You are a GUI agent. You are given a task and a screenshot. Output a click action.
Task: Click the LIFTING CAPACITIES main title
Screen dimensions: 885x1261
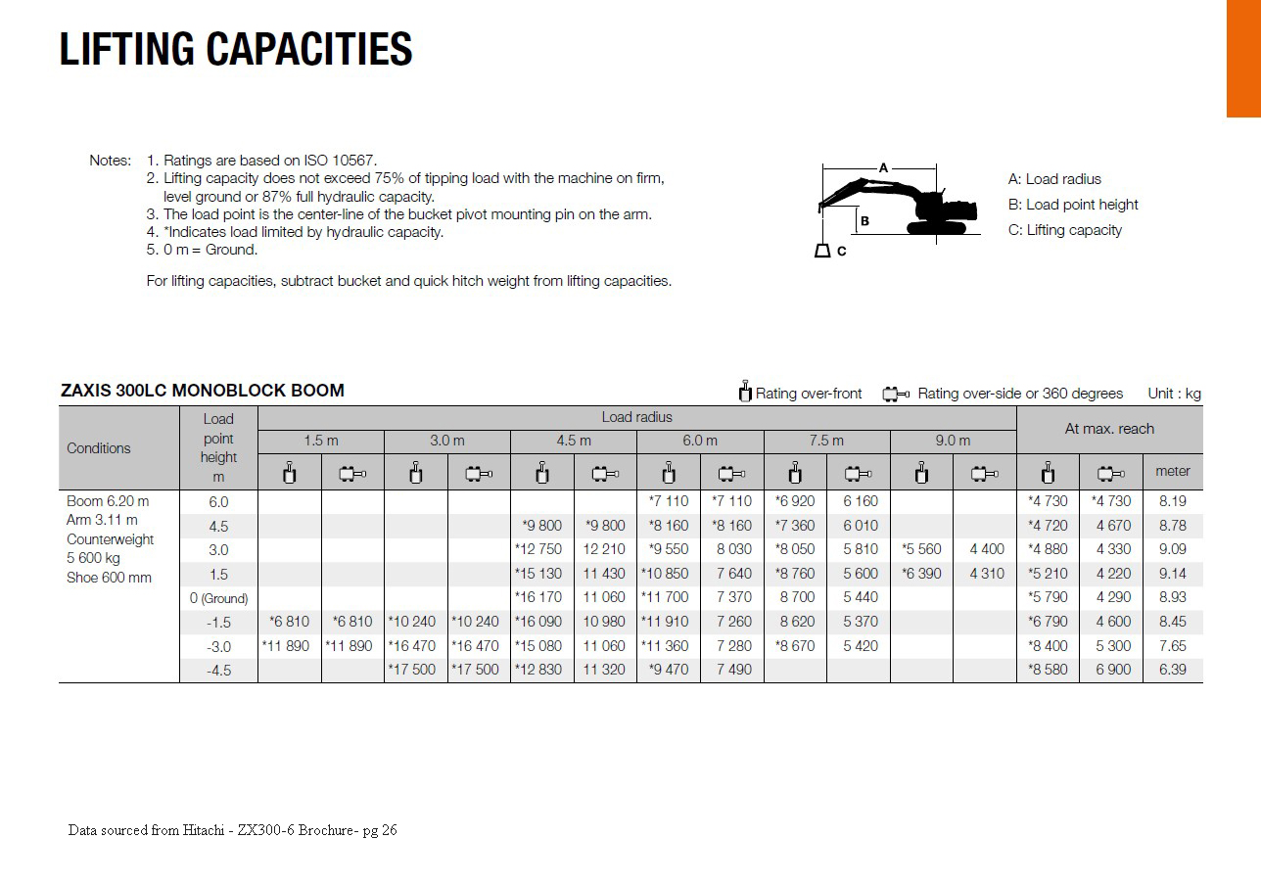coord(236,50)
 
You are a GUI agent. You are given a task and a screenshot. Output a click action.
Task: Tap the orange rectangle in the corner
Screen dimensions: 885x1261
coord(1243,59)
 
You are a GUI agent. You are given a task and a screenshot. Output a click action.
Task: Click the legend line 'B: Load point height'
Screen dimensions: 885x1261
coord(1073,205)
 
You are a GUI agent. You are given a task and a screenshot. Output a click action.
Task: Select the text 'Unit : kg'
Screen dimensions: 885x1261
coord(1174,394)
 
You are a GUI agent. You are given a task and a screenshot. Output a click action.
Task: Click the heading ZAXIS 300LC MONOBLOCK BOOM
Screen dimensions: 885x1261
coord(203,391)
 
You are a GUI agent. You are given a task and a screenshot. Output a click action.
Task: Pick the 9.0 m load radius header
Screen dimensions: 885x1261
coord(953,441)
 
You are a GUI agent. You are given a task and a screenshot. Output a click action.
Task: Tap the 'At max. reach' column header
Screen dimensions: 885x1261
coord(1109,429)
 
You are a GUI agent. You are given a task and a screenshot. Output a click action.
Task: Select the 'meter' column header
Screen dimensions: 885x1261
coord(1172,471)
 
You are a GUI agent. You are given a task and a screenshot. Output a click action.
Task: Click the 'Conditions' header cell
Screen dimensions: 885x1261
coord(99,448)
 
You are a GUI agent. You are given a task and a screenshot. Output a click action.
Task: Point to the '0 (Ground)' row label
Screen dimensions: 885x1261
coord(218,597)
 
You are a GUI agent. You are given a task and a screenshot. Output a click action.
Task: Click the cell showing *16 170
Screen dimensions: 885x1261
coord(538,597)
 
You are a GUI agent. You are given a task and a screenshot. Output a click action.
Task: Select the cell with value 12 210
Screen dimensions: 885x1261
coord(604,549)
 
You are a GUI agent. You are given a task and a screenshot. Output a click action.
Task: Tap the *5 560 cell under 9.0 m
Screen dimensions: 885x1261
coord(921,549)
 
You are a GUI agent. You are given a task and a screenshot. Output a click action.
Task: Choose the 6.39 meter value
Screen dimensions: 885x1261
coord(1172,670)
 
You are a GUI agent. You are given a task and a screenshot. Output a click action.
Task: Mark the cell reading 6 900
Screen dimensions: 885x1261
coord(1112,670)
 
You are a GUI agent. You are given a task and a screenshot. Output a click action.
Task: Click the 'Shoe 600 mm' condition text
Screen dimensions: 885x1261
coord(110,578)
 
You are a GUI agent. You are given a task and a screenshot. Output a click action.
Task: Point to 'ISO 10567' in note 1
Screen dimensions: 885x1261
coord(342,161)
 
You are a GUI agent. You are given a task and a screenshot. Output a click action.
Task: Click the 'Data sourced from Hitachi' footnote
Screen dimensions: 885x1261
coord(232,830)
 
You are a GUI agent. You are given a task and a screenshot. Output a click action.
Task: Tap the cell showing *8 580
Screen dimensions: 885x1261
coord(1048,670)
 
